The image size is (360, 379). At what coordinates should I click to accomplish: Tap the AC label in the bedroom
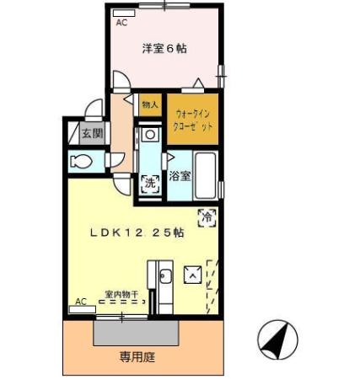pos(121,23)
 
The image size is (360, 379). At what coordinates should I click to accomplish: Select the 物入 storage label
pos(149,106)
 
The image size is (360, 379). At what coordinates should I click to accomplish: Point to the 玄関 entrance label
pos(91,133)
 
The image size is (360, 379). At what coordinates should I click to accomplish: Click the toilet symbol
pos(83,161)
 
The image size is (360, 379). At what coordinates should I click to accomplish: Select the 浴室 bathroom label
pos(180,177)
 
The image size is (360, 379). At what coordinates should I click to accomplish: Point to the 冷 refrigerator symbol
pos(206,217)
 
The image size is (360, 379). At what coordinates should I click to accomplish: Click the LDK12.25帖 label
pos(137,234)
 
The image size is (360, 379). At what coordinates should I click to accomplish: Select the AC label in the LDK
pos(80,301)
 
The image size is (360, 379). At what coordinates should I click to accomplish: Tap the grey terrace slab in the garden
pos(137,332)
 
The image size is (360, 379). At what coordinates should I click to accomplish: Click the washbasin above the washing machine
pos(149,135)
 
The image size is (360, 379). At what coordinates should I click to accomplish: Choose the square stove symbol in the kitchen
pos(193,275)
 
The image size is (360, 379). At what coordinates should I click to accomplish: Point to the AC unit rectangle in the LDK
pos(82,310)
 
